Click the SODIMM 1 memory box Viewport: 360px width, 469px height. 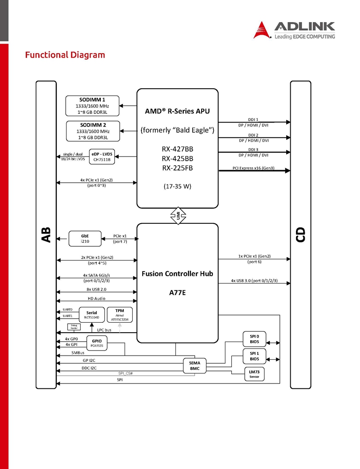tap(92, 106)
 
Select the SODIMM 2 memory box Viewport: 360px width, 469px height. tap(93, 131)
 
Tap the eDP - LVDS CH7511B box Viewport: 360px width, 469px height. tap(102, 157)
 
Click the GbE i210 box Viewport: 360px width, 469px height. tap(85, 239)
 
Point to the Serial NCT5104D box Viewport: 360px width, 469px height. tap(92, 315)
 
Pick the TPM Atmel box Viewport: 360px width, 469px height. tap(120, 315)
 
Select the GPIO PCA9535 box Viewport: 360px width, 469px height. tap(97, 343)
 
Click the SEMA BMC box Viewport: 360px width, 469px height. tap(195, 365)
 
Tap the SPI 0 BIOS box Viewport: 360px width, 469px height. tap(254, 339)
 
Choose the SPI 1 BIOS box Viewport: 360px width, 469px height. tap(254, 356)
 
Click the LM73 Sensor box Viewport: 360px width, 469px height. tap(254, 374)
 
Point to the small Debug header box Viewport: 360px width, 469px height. tap(74, 327)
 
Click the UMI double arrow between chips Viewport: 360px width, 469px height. tap(178, 216)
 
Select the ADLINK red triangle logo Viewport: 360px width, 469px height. tap(261, 30)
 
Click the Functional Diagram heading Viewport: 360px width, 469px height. tap(65, 55)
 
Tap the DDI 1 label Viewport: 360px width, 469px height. tap(253, 120)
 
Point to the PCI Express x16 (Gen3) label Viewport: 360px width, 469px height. tap(253, 168)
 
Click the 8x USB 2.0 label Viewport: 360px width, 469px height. tap(96, 289)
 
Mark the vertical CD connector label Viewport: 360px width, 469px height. tap(301, 235)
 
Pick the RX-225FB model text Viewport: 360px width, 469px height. tap(178, 168)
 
